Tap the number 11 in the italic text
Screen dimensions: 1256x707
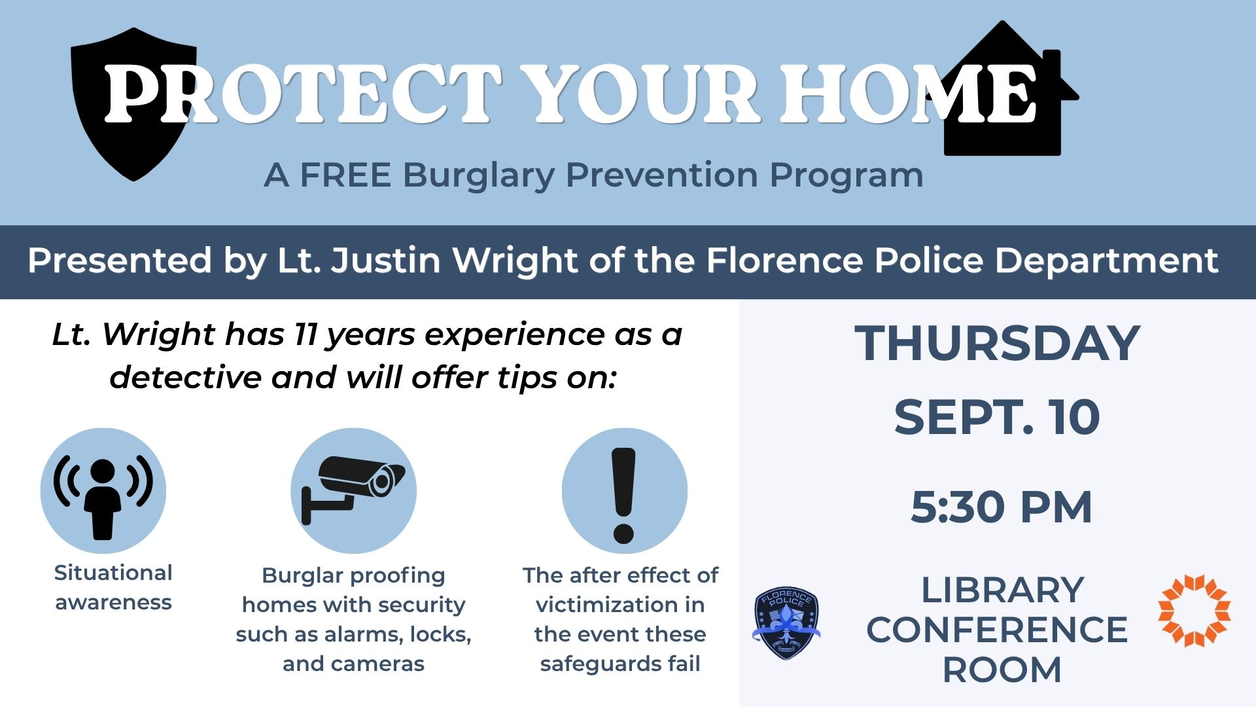click(x=305, y=335)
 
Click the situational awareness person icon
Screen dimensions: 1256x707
click(x=103, y=491)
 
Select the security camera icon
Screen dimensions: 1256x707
click(x=353, y=491)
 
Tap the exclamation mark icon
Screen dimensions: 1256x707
click(x=624, y=491)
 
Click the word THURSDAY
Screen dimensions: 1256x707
click(x=998, y=343)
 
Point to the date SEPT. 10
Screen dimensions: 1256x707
click(x=997, y=417)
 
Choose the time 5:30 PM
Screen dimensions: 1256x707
click(x=1002, y=507)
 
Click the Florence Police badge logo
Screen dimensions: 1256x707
click(x=786, y=623)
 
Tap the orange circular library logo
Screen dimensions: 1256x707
click(x=1195, y=610)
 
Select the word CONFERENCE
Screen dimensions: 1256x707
click(x=997, y=630)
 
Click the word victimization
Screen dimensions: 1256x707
click(x=620, y=605)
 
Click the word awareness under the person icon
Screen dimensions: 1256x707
click(x=113, y=602)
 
